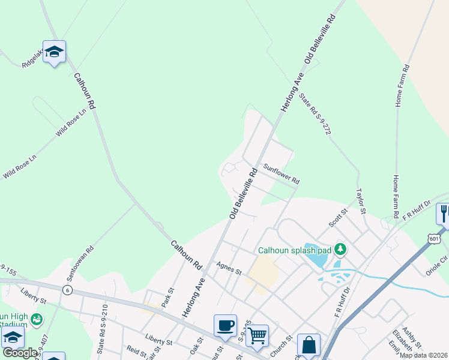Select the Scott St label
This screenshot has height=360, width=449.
pyautogui.click(x=338, y=218)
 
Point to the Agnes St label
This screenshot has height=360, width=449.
pyautogui.click(x=229, y=268)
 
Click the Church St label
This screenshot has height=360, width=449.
pyautogui.click(x=280, y=340)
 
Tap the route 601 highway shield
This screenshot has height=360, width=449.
pyautogui.click(x=435, y=239)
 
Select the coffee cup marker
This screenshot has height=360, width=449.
pyautogui.click(x=225, y=326)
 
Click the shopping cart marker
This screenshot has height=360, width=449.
pyautogui.click(x=257, y=335)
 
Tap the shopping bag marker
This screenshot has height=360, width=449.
pyautogui.click(x=309, y=345)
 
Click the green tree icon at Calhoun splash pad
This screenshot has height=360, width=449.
pyautogui.click(x=340, y=248)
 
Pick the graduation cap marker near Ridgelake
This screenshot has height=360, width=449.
pyautogui.click(x=54, y=52)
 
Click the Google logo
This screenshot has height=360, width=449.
pyautogui.click(x=20, y=353)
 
